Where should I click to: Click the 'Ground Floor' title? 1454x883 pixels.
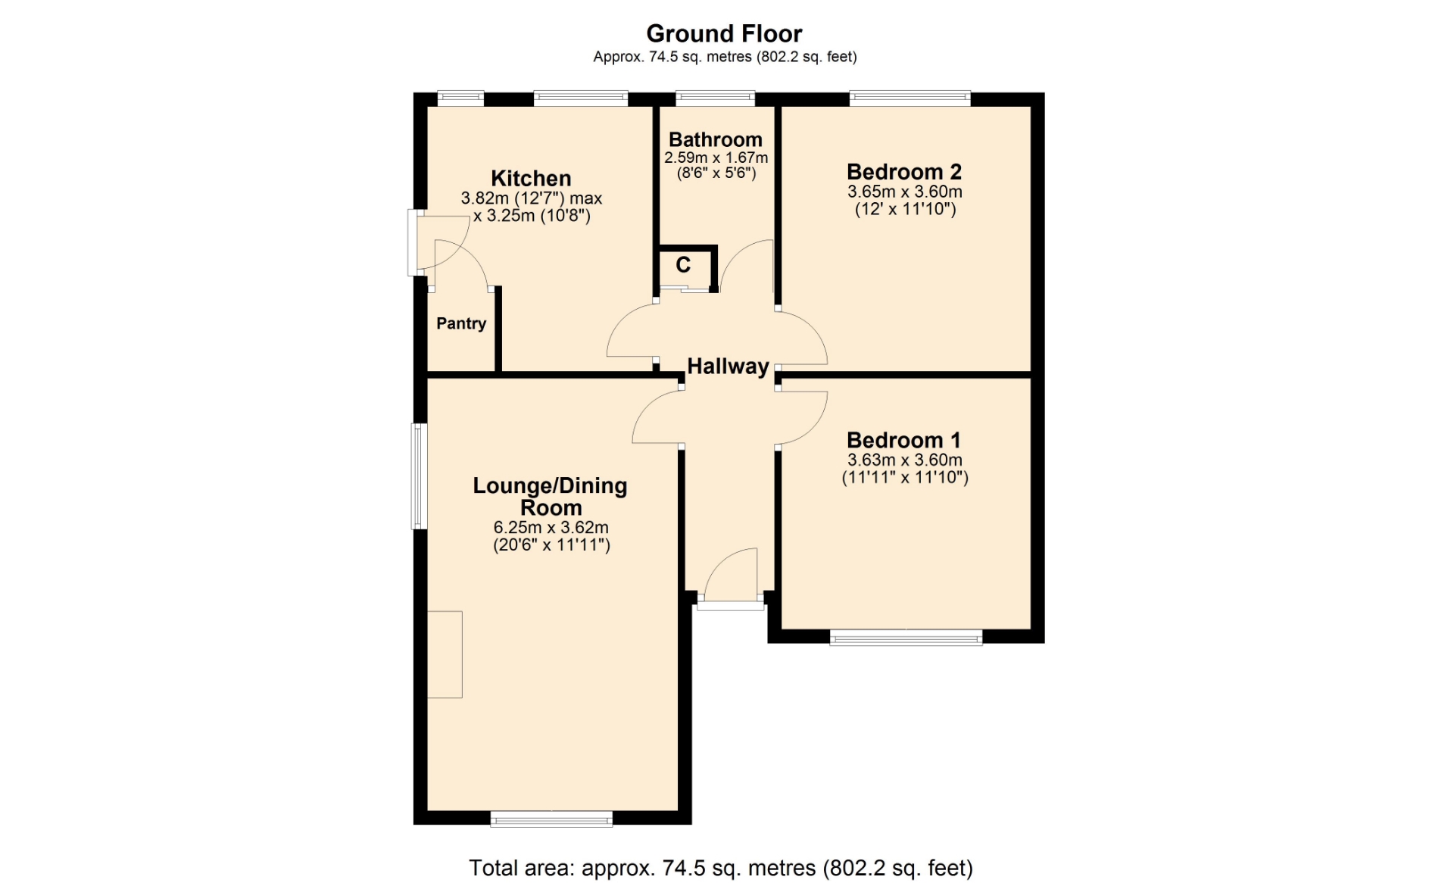[724, 33]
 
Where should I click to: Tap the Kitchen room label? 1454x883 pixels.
[531, 179]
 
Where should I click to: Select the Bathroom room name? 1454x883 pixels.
[716, 139]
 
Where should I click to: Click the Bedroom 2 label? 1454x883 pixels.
[904, 172]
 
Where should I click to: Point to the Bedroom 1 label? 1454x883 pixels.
[904, 440]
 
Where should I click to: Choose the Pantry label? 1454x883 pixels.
[461, 323]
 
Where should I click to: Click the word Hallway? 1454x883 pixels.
[728, 367]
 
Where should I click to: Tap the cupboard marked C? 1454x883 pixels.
[683, 265]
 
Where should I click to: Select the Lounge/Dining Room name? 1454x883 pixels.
[551, 497]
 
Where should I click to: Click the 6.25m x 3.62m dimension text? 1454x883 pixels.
[551, 527]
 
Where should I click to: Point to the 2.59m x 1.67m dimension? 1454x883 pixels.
[716, 158]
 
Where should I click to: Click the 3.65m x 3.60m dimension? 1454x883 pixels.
[905, 192]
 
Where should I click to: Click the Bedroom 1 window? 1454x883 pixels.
[906, 638]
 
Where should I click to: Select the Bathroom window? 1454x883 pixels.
[716, 98]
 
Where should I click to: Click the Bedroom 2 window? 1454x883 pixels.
[910, 98]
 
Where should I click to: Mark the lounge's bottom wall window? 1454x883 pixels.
[551, 819]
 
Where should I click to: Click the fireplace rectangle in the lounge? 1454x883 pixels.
[445, 654]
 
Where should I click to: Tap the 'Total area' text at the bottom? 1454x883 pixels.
[721, 868]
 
